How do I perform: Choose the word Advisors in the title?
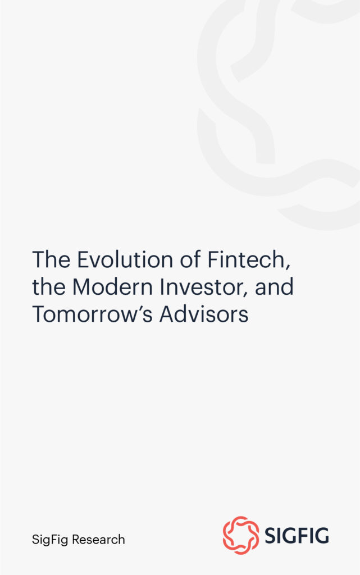(x=203, y=314)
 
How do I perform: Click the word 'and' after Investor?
(x=274, y=287)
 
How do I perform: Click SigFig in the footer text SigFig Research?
(x=50, y=540)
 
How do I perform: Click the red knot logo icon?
(x=241, y=536)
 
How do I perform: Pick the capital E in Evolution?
(x=81, y=260)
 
